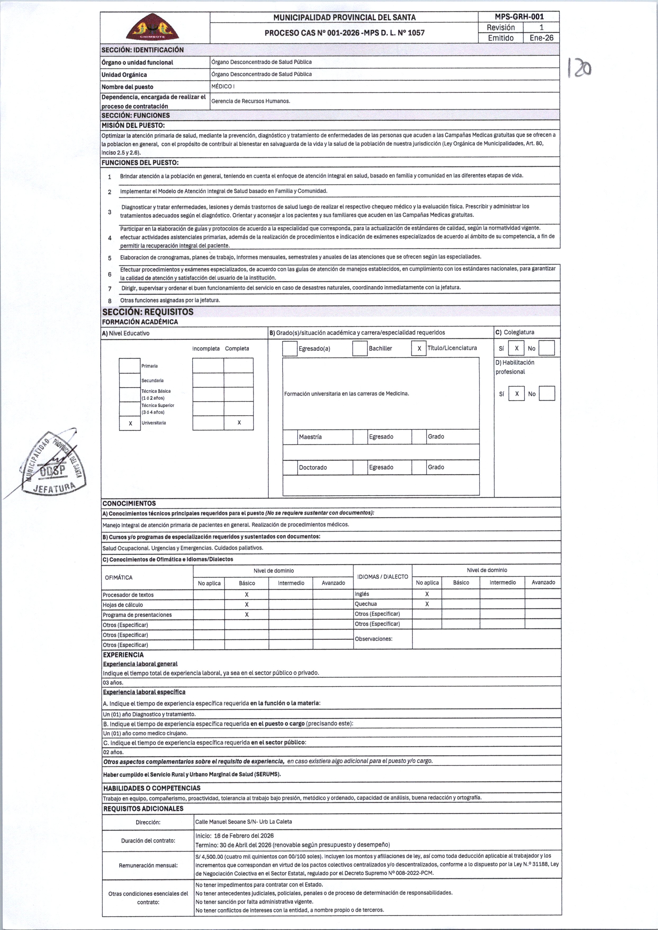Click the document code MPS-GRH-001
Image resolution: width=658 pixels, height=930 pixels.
click(x=519, y=17)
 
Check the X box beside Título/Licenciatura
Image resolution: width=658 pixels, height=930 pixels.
click(x=419, y=348)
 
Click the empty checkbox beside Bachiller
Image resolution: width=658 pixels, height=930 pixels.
click(x=360, y=348)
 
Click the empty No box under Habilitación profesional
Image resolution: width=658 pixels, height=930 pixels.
click(x=547, y=394)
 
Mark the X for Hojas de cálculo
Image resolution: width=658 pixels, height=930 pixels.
click(x=246, y=605)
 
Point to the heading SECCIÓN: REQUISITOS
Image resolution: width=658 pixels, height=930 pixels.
click(x=148, y=312)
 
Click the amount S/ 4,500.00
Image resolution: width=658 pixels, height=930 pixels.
click(x=209, y=856)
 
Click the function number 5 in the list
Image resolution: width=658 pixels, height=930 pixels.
click(x=110, y=258)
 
